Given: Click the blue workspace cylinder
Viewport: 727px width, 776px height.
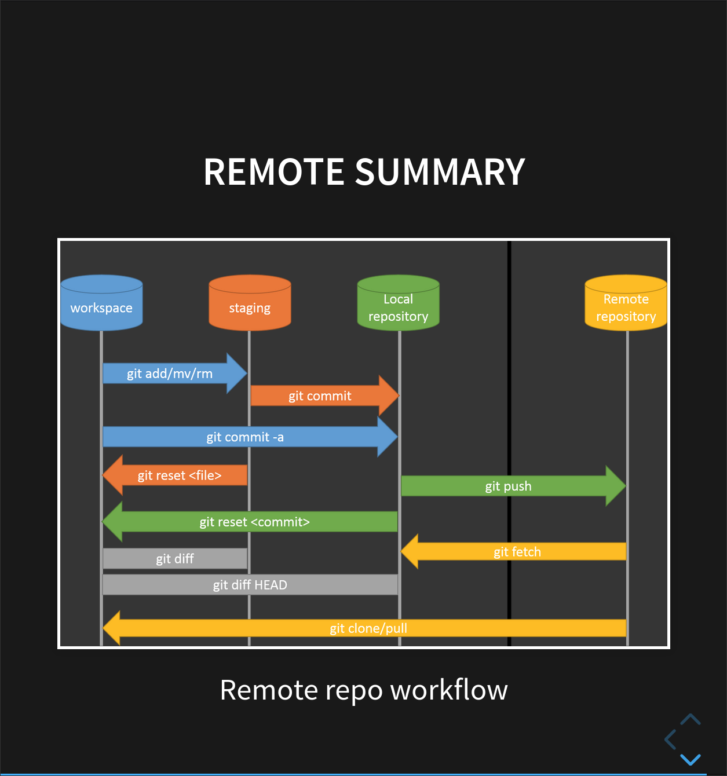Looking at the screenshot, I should [101, 303].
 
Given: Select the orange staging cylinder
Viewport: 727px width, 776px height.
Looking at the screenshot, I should [250, 303].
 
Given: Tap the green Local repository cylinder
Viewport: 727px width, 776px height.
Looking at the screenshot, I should [398, 303].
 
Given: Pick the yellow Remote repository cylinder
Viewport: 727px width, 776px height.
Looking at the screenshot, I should [626, 303].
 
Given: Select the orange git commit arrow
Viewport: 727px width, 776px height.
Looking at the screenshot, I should [320, 396].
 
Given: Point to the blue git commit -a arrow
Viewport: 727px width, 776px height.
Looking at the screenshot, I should [246, 437].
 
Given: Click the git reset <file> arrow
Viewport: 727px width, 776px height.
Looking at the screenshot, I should [179, 475].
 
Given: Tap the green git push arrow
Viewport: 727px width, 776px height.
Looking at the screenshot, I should [509, 486].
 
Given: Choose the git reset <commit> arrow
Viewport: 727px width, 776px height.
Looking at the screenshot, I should [254, 522].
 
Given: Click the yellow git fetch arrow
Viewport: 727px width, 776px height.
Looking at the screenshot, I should [517, 551].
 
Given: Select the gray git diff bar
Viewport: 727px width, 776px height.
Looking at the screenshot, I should [175, 558].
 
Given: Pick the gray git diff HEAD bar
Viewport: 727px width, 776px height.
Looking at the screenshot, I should [250, 584].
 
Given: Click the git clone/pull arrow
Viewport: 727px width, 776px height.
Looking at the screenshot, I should [368, 628].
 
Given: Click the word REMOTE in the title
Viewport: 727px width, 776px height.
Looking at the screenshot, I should [274, 172].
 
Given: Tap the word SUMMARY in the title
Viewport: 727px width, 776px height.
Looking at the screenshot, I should [440, 172].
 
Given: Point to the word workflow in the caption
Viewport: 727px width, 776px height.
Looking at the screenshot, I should [449, 690].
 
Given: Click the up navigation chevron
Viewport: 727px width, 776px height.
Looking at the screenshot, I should [691, 720].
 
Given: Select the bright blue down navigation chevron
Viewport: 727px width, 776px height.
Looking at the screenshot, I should [691, 759].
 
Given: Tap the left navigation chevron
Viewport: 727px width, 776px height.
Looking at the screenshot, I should [671, 740].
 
